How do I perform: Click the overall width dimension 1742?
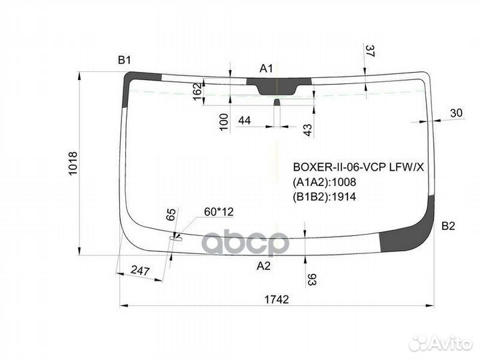point(277,299)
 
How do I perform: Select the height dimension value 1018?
point(73,163)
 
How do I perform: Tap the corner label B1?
point(124,60)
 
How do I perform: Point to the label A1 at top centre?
point(266,69)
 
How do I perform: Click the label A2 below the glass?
point(263,266)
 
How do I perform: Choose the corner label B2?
point(448,226)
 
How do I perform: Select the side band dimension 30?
point(456,113)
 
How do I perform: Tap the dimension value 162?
point(197,91)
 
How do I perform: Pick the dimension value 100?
point(224,122)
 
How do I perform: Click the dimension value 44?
point(244,121)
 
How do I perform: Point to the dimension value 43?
point(308,130)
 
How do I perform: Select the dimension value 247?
point(140,271)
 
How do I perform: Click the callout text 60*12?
point(219,212)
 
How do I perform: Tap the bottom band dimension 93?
point(311,279)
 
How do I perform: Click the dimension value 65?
point(171,214)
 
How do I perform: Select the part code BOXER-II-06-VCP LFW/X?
point(359,167)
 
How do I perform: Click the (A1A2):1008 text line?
point(325,183)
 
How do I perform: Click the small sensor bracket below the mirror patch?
point(277,102)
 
